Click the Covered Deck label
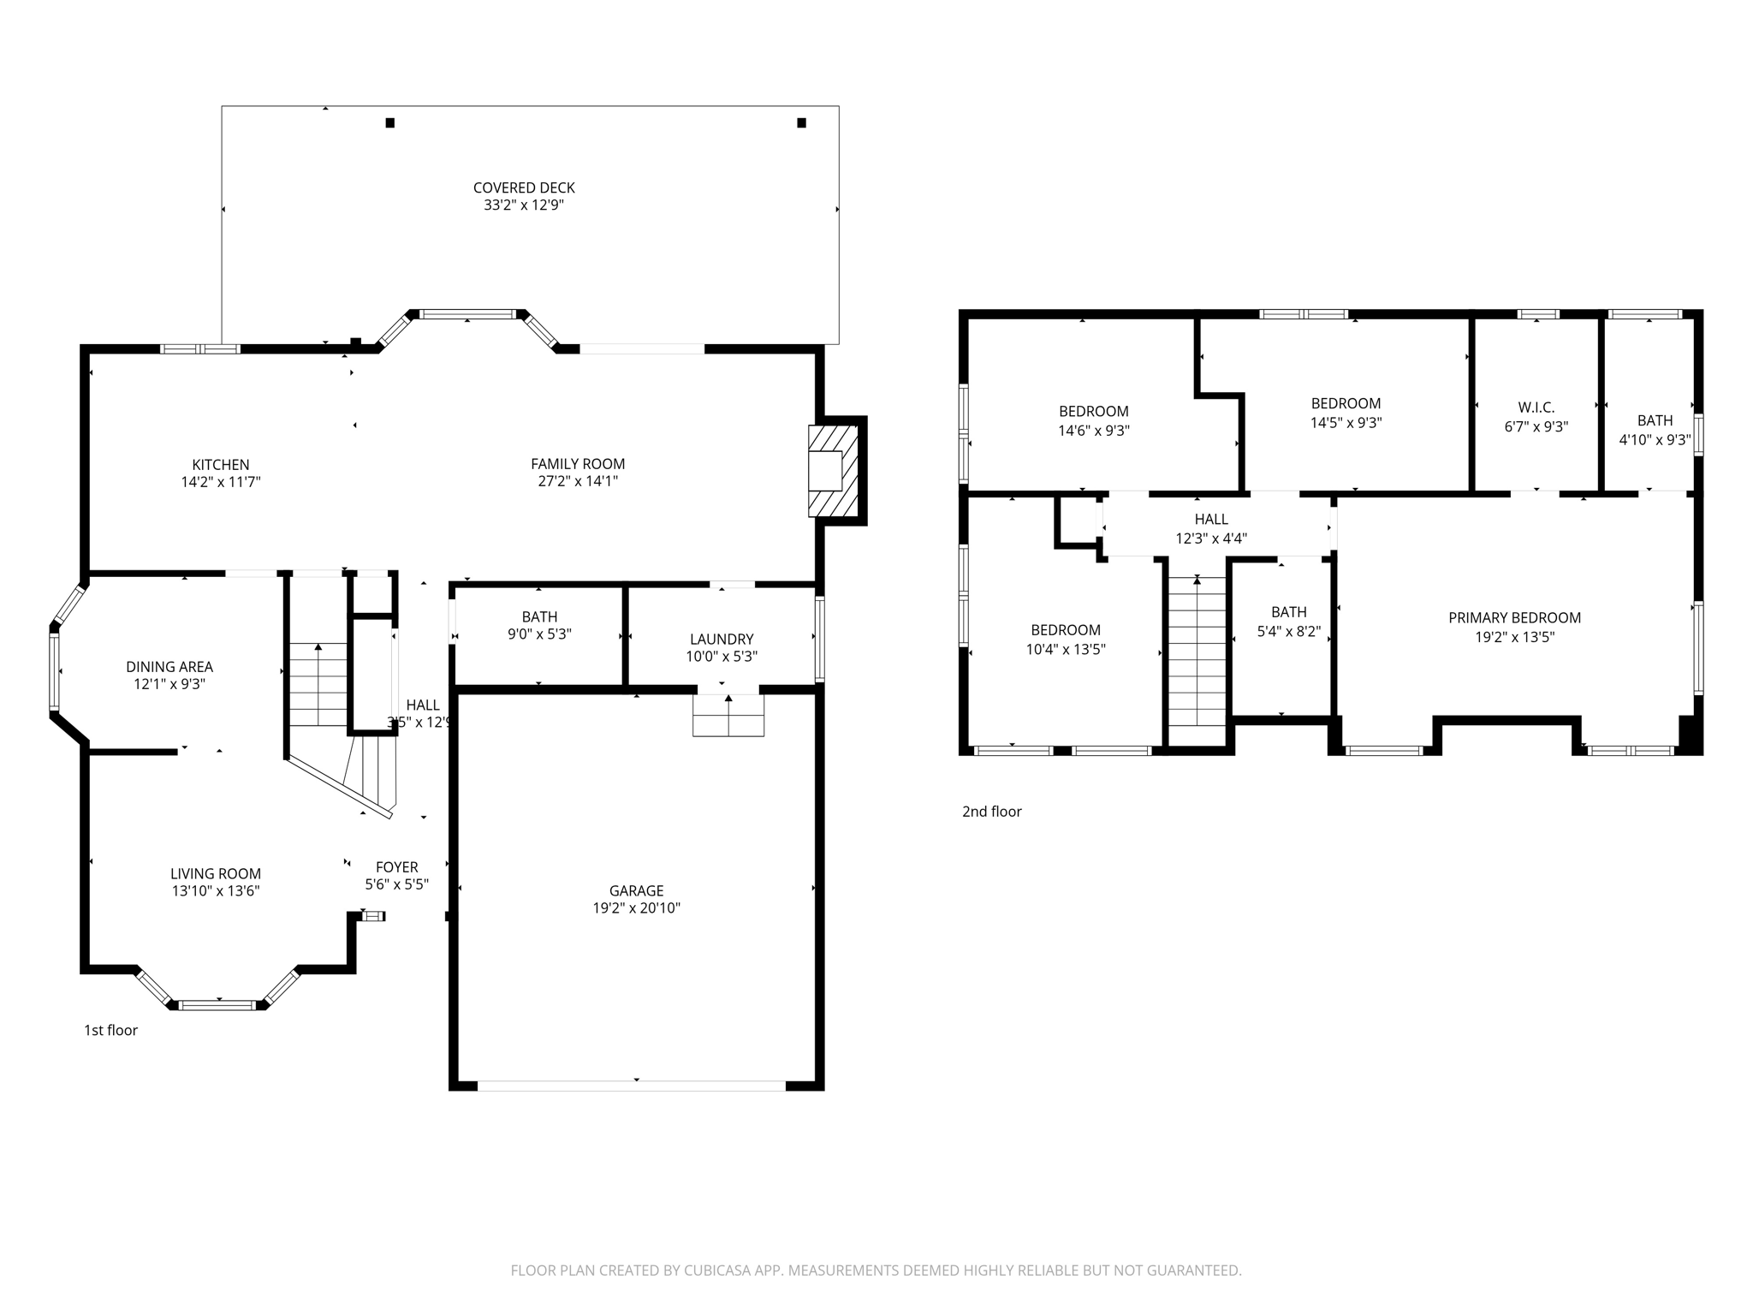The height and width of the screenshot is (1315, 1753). click(523, 187)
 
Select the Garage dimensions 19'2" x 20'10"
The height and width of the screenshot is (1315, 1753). click(636, 908)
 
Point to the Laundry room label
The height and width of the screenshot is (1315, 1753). click(722, 639)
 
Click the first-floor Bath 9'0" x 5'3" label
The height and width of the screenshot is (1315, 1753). click(539, 616)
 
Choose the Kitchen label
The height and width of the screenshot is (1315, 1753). click(220, 465)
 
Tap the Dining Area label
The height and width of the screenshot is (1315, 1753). click(169, 666)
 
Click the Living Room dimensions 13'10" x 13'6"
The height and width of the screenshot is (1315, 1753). click(215, 891)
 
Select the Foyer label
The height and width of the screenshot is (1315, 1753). click(396, 867)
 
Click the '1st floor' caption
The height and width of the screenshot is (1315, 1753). click(110, 1030)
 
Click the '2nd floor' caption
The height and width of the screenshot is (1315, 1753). click(991, 812)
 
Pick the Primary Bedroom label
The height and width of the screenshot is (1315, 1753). click(1513, 617)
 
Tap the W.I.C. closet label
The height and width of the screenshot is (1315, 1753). click(1536, 408)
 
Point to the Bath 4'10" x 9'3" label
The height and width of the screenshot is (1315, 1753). click(1655, 420)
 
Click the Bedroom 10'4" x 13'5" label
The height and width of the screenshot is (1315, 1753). click(1065, 630)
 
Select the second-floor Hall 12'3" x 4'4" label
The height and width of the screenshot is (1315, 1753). click(1210, 519)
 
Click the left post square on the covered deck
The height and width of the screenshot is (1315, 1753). click(389, 122)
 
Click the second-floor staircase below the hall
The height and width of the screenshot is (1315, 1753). click(1197, 651)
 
